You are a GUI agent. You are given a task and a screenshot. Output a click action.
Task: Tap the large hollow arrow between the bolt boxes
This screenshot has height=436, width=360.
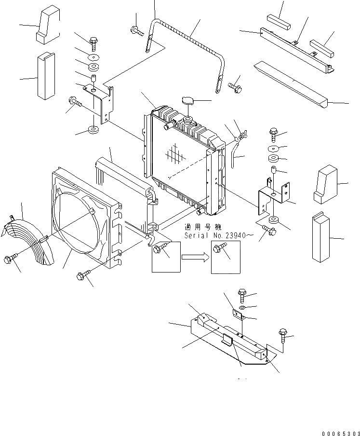point(195,257)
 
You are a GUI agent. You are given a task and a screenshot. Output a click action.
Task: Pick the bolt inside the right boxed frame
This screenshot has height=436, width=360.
point(219,248)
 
